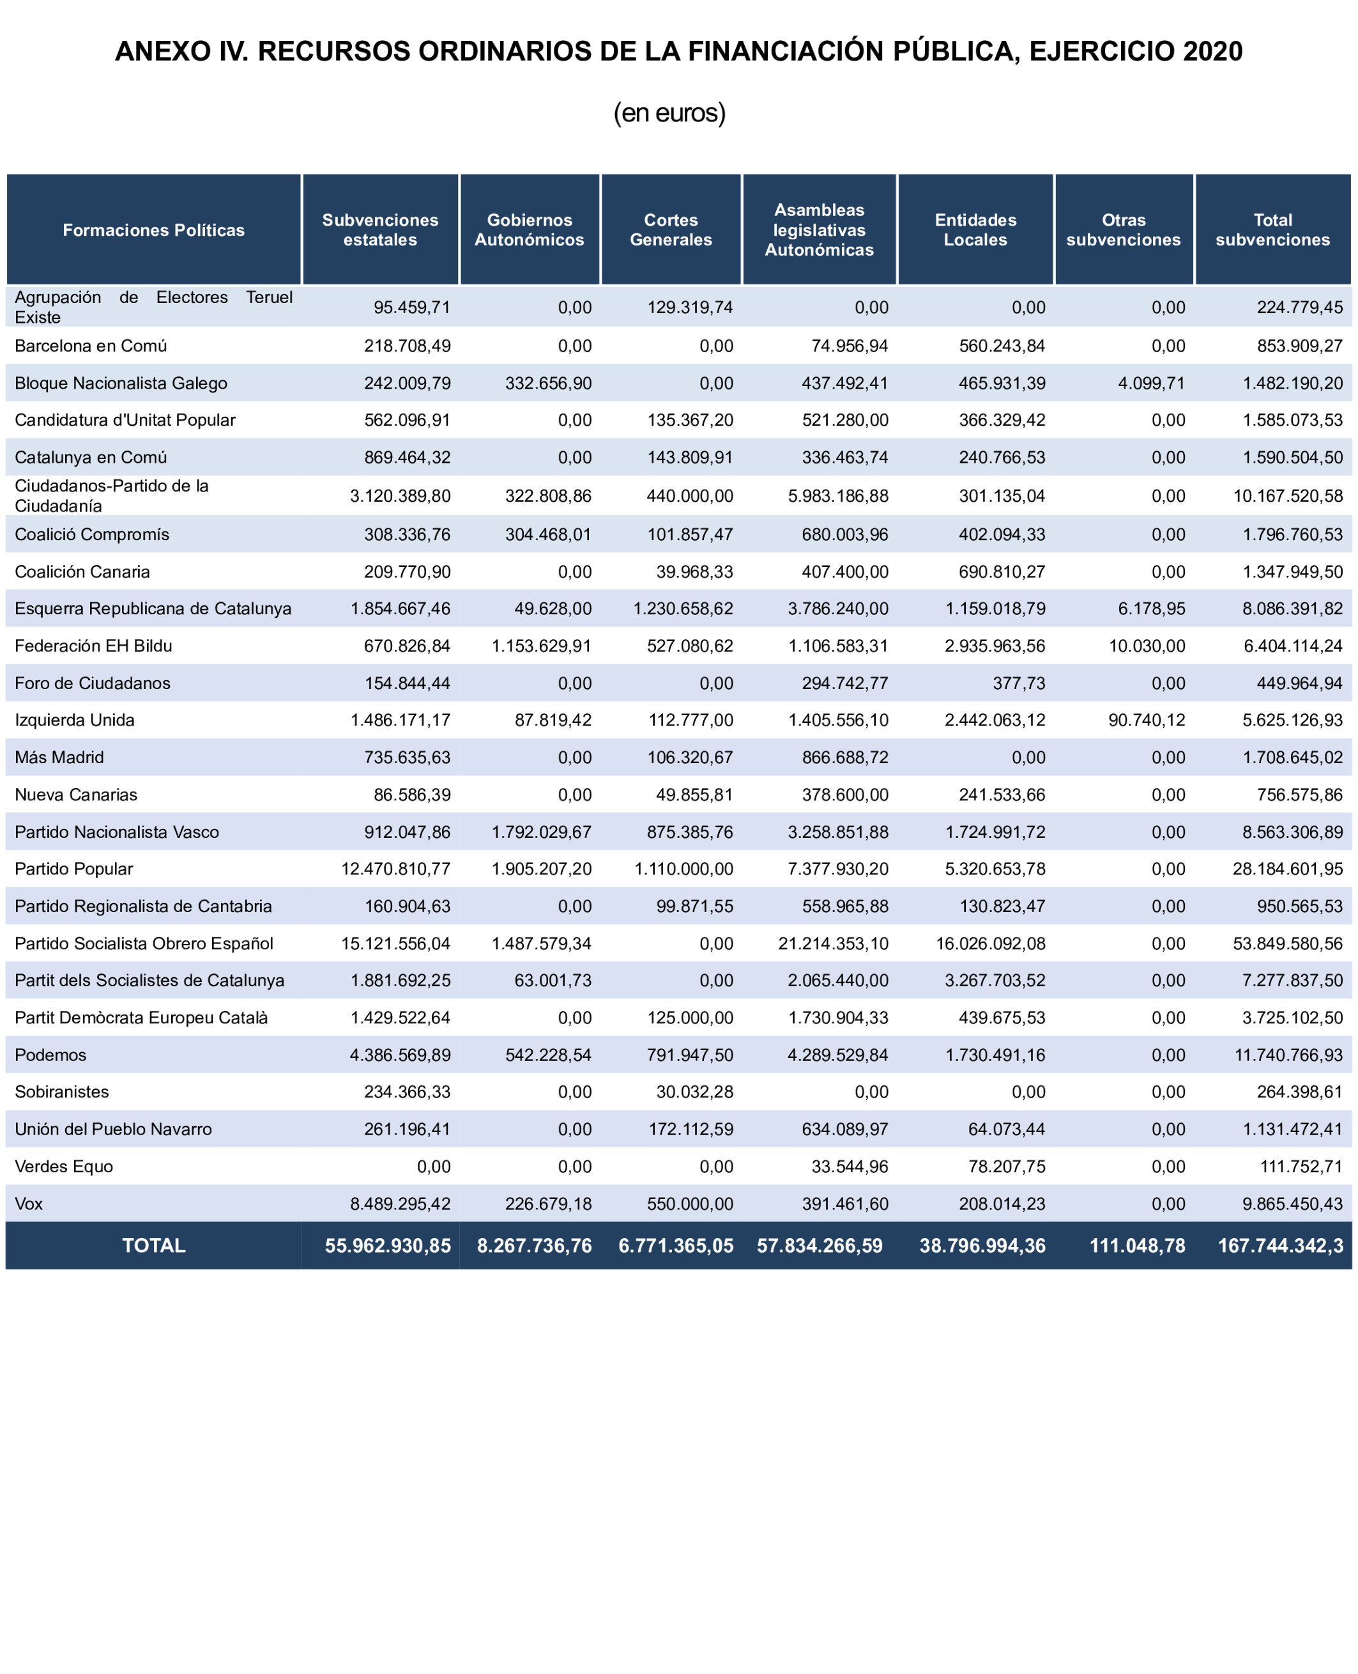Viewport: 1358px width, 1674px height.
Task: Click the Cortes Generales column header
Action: (671, 229)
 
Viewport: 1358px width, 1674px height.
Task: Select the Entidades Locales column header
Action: (975, 229)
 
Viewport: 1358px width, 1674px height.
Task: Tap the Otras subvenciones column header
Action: (1124, 229)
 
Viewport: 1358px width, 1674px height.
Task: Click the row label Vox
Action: (29, 1204)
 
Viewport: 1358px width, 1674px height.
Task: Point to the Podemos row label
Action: (51, 1055)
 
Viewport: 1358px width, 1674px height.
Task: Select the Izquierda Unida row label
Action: (74, 720)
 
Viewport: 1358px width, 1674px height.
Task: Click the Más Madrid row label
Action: (59, 757)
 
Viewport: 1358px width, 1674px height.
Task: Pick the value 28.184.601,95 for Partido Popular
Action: (1288, 869)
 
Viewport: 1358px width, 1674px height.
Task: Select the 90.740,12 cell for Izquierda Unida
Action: (1147, 720)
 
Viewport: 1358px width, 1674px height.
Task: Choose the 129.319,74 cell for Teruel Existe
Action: (690, 307)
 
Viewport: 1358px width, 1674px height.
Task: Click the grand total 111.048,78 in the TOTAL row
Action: (1138, 1246)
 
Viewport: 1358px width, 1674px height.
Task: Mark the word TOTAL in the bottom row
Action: (153, 1246)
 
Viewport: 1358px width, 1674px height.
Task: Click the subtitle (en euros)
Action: (669, 112)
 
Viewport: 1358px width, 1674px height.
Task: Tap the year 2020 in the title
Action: (1212, 52)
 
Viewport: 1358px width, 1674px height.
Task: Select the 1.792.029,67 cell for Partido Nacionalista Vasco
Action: (541, 832)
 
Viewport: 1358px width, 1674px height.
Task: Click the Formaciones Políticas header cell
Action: (153, 230)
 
